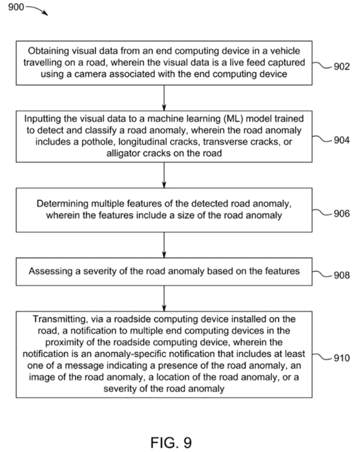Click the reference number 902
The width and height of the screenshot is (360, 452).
point(342,67)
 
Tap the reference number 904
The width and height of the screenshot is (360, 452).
point(342,140)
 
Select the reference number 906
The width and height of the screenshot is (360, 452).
point(342,214)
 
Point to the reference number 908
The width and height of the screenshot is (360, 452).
point(342,275)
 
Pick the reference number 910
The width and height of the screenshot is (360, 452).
point(342,358)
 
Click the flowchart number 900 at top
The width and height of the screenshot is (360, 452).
point(16,6)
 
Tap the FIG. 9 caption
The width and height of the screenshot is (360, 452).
point(171,442)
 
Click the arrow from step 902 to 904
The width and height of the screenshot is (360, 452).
point(164,98)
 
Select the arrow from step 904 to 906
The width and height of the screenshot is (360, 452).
point(164,175)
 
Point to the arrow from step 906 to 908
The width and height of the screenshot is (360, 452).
point(164,245)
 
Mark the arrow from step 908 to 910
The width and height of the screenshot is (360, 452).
point(164,298)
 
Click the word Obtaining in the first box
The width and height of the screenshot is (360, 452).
point(48,51)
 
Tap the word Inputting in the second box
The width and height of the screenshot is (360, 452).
point(41,119)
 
